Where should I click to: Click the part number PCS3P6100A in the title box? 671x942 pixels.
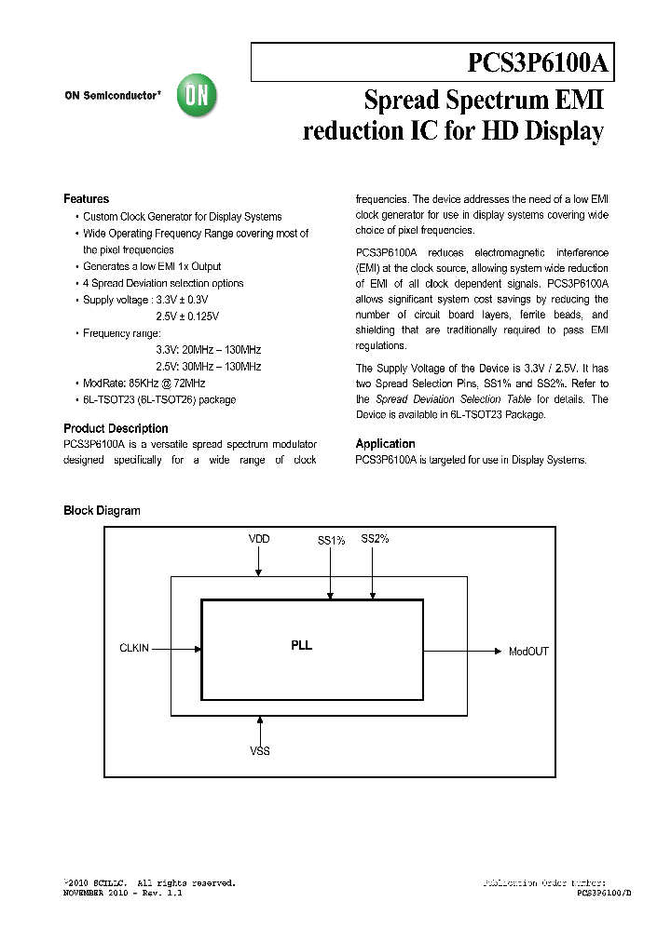538,63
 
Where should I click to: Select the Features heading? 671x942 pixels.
86,199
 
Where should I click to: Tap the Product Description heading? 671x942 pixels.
116,429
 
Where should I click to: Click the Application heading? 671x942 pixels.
385,444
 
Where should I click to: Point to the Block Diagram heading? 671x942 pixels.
102,511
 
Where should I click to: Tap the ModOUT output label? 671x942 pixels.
528,652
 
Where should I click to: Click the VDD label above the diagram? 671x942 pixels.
259,539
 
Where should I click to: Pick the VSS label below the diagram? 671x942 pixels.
260,750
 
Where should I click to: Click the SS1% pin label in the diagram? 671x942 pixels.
331,541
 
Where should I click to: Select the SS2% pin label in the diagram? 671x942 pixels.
375,539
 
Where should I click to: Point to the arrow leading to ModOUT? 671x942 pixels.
461,650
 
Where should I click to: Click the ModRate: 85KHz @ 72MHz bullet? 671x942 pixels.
144,384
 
